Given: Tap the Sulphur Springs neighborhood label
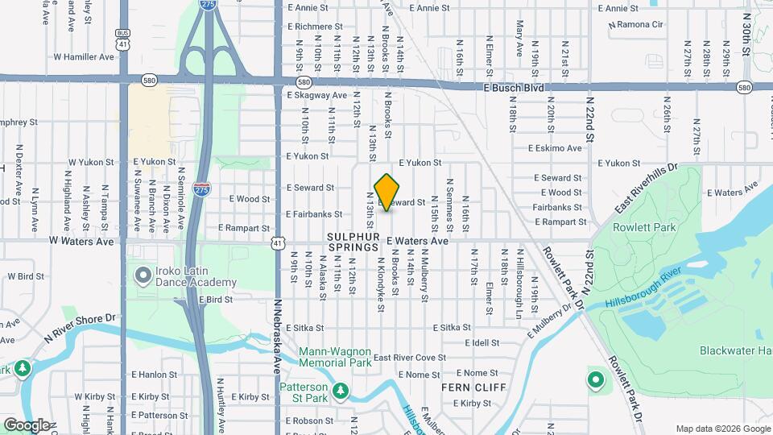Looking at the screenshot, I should click(354, 236).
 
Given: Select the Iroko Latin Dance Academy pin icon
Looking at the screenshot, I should click(143, 276).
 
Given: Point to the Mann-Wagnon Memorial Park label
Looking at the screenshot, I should click(335, 357).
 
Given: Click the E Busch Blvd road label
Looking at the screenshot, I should click(514, 87).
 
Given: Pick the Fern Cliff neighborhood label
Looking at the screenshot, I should click(473, 387).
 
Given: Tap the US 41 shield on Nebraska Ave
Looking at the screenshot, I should click(277, 242).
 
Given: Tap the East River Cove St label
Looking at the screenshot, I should click(409, 358).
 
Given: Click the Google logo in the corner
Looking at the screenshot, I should click(27, 425).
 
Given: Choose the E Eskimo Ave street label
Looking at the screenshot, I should click(555, 148).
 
